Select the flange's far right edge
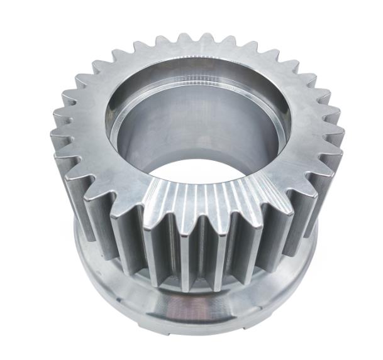pyautogui.click(x=314, y=251)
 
